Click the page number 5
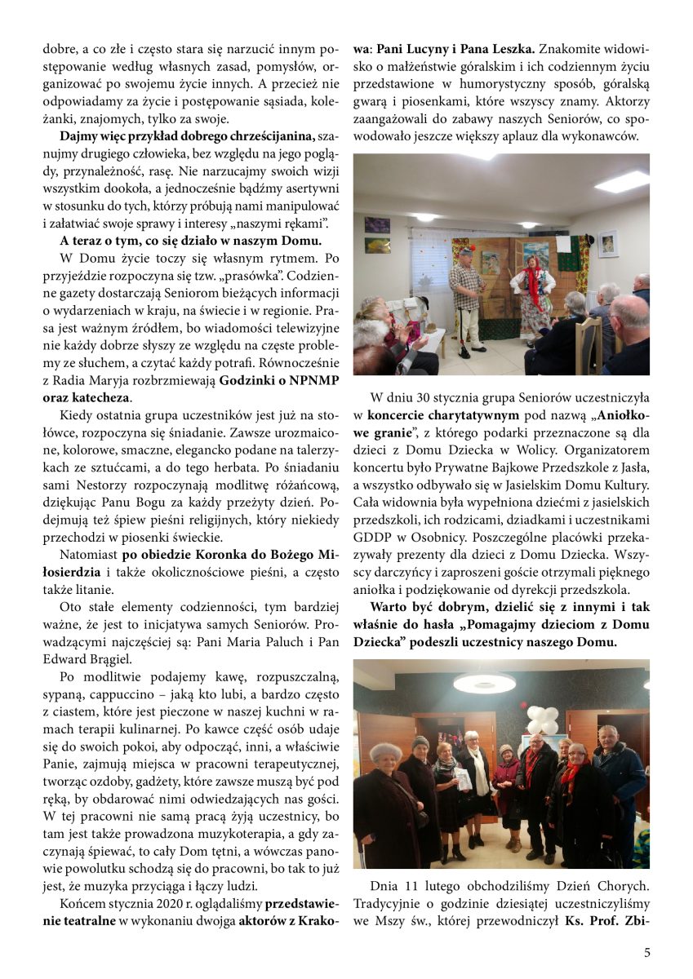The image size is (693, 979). [647, 952]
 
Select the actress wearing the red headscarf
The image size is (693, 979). [534, 286]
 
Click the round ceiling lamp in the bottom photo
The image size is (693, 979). [484, 683]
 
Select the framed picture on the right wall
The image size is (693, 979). [608, 243]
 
